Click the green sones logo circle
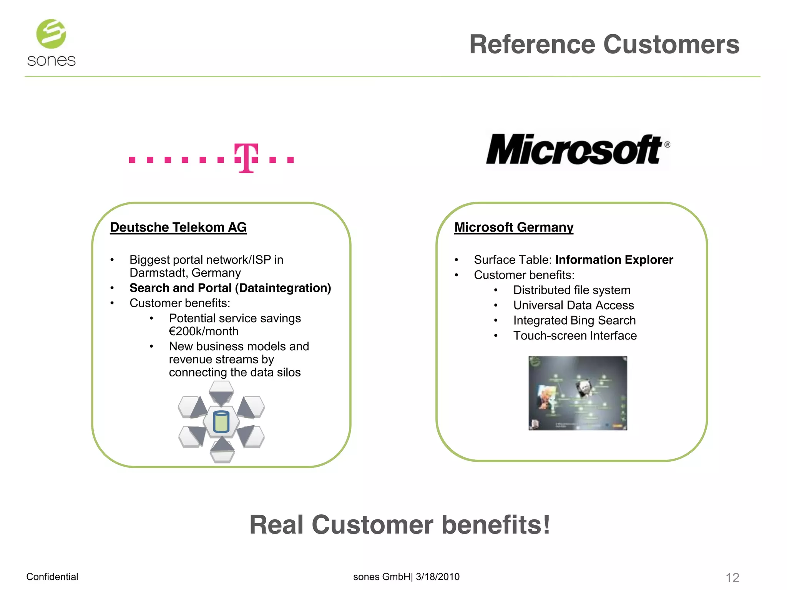[51, 34]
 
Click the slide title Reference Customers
[604, 45]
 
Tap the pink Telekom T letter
[246, 158]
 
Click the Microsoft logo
[577, 149]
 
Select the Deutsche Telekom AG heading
[178, 227]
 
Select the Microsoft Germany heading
[514, 227]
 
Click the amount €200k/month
[204, 331]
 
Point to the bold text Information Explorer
[614, 260]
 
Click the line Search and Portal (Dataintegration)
[230, 288]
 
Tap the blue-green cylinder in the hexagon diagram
[221, 422]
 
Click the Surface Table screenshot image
[578, 393]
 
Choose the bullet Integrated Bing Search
[574, 320]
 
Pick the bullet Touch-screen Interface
[575, 336]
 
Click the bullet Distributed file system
[571, 290]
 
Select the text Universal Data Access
[573, 305]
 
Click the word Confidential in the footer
[52, 577]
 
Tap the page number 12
[732, 577]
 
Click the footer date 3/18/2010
[438, 577]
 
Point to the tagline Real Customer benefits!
[400, 525]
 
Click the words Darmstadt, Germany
[185, 273]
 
